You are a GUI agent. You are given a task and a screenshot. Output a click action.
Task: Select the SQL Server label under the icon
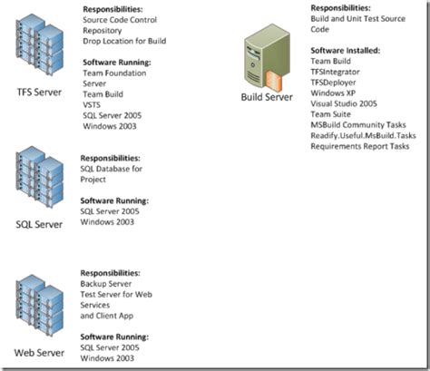pyautogui.click(x=38, y=223)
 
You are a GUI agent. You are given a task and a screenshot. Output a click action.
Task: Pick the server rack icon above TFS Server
pyautogui.click(x=38, y=51)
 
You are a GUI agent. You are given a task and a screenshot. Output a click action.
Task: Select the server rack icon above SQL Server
pyautogui.click(x=38, y=179)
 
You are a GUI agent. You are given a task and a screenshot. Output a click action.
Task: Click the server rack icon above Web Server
pyautogui.click(x=38, y=308)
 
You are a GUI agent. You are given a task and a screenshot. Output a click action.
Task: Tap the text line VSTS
pyautogui.click(x=93, y=103)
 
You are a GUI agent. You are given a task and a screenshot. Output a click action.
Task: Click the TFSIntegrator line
pyautogui.click(x=336, y=72)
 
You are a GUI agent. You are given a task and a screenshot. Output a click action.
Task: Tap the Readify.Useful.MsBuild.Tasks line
pyautogui.click(x=363, y=136)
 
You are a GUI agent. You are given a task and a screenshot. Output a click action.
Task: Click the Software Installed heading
pyautogui.click(x=345, y=51)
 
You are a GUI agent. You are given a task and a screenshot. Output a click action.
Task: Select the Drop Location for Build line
pyautogui.click(x=123, y=40)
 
